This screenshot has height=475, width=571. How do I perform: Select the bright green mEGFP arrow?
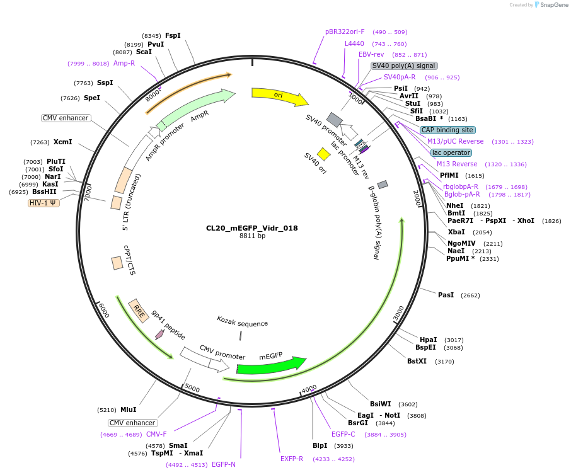pyautogui.click(x=271, y=365)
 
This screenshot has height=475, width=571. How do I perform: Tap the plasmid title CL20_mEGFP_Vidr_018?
pyautogui.click(x=252, y=228)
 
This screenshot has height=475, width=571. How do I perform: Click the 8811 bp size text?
pyautogui.click(x=252, y=236)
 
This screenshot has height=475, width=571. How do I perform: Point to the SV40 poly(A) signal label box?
pyautogui.click(x=403, y=66)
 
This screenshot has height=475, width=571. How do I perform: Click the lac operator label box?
pyautogui.click(x=451, y=152)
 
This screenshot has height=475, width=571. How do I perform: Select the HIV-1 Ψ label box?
pyautogui.click(x=43, y=203)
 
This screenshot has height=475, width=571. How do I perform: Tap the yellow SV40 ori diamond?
pyautogui.click(x=324, y=154)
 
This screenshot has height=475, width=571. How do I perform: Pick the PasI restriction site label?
pyautogui.click(x=446, y=295)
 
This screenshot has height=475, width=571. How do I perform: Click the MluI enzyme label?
pyautogui.click(x=128, y=409)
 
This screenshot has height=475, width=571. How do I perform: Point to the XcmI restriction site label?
pyautogui.click(x=62, y=142)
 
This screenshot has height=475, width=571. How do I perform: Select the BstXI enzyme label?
pyautogui.click(x=417, y=361)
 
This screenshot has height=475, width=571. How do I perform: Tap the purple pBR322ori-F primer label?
pyautogui.click(x=345, y=31)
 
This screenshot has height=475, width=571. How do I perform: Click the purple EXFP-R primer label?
pyautogui.click(x=292, y=459)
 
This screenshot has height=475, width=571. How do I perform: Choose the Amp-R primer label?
pyautogui.click(x=124, y=63)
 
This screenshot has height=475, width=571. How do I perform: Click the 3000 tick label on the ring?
pyautogui.click(x=398, y=312)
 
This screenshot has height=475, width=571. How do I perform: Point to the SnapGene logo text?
pyautogui.click(x=555, y=5)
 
